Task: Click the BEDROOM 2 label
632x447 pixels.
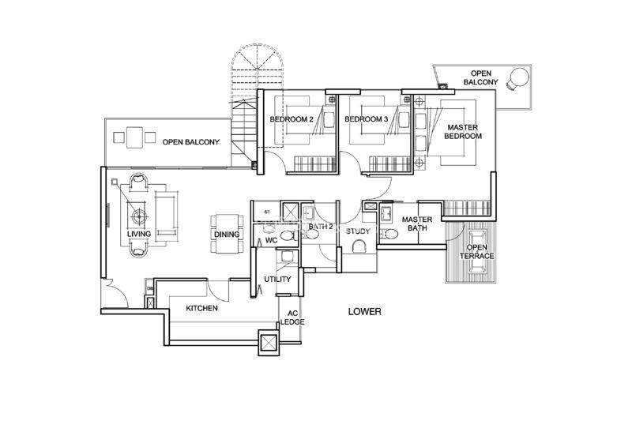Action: pos(292,119)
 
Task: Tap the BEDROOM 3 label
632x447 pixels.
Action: pos(367,119)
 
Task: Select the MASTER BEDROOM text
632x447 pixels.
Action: pos(463,132)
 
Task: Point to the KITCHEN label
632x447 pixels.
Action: pos(202,308)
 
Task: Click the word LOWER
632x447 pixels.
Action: pos(365,312)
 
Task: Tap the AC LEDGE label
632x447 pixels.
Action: pos(292,317)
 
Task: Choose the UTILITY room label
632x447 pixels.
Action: pos(277,280)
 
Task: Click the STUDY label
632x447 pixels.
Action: pos(358,231)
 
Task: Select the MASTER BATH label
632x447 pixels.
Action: pos(417,223)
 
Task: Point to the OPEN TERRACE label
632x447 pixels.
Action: pos(477,251)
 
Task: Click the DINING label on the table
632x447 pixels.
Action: pos(227,235)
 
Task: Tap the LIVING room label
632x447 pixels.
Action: pos(139,234)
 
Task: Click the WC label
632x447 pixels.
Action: pos(272,241)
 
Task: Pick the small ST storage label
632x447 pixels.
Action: pos(267,212)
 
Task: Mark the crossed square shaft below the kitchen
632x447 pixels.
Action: pos(269,342)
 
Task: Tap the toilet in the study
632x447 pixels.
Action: pos(359,246)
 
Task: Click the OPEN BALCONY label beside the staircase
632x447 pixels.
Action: pos(191,142)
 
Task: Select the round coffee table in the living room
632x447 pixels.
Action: pos(139,216)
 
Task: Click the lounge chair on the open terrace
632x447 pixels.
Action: pos(476,252)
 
